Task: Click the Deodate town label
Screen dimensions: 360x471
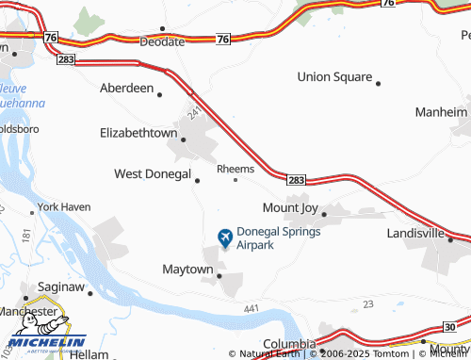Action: (x=163, y=42)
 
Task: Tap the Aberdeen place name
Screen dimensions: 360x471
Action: (x=126, y=88)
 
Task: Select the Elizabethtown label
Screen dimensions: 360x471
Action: (x=138, y=134)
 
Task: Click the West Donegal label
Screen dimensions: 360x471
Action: (x=152, y=174)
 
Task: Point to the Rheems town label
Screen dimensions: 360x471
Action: (x=235, y=169)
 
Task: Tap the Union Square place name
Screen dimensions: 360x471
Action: (x=334, y=76)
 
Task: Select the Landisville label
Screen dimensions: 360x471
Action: (x=415, y=232)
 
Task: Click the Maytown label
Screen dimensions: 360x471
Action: (x=187, y=270)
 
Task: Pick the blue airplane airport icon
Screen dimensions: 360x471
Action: (x=225, y=237)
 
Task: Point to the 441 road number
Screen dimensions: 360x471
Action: (x=250, y=308)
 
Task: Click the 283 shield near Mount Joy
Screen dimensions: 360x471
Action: (x=296, y=178)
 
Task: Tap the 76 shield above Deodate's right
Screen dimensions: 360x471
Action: (x=222, y=39)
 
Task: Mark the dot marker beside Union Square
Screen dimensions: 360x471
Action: (x=379, y=83)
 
